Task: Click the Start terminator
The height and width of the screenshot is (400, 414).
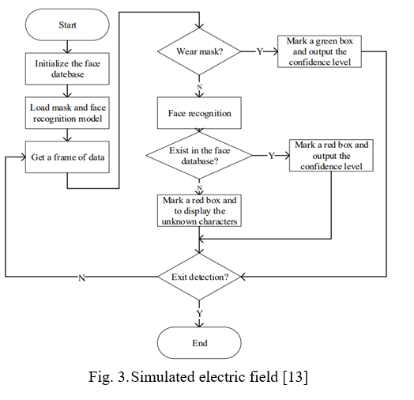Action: pos(67,25)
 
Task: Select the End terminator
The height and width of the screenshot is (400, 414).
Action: pos(199,342)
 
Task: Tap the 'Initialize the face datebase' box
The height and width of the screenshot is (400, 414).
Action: pos(67,69)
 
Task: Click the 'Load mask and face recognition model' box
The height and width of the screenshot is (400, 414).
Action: pos(67,113)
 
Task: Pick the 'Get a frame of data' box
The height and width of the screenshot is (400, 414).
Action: pos(67,157)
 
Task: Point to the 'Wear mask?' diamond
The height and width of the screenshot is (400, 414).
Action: pos(199,51)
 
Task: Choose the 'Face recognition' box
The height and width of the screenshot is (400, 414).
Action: pos(199,113)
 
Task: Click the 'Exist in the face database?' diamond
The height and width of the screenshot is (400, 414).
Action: pos(199,156)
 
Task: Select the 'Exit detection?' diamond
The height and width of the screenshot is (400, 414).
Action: pos(199,277)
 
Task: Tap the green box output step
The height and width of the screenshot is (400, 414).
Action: pos(319,51)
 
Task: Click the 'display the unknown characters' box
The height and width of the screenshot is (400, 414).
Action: pos(199,210)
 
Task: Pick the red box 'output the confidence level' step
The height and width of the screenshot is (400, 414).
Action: pos(331,156)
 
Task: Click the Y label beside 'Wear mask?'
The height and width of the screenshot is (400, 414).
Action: pos(260,51)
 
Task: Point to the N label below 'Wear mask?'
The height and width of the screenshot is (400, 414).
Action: pos(199,87)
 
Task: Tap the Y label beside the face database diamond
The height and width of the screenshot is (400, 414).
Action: pos(272,156)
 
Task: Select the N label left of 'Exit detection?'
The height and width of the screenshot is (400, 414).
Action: pos(82,278)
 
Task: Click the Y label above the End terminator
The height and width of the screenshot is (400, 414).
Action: pos(199,314)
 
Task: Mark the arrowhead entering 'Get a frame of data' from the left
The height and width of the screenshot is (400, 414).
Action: pos(24,157)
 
